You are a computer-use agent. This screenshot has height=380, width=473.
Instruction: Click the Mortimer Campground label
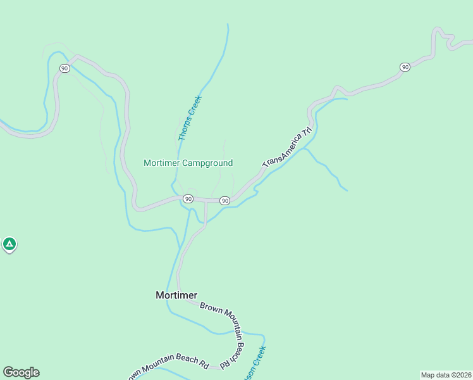188,163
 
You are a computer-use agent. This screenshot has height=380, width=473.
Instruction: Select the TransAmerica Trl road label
288,148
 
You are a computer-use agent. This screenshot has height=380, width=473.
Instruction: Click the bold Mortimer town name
176,295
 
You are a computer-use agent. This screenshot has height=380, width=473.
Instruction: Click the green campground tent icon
9,244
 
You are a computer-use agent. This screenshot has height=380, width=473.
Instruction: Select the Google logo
21,372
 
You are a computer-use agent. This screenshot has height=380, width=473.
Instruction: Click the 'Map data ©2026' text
446,375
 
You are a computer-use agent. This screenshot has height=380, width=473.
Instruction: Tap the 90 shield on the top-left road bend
64,68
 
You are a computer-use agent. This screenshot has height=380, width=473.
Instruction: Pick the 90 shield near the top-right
405,67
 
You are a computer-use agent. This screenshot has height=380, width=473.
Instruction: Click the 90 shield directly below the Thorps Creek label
188,199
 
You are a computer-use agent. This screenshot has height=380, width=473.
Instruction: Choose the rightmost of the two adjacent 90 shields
224,201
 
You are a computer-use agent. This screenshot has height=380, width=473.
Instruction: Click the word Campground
207,163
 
